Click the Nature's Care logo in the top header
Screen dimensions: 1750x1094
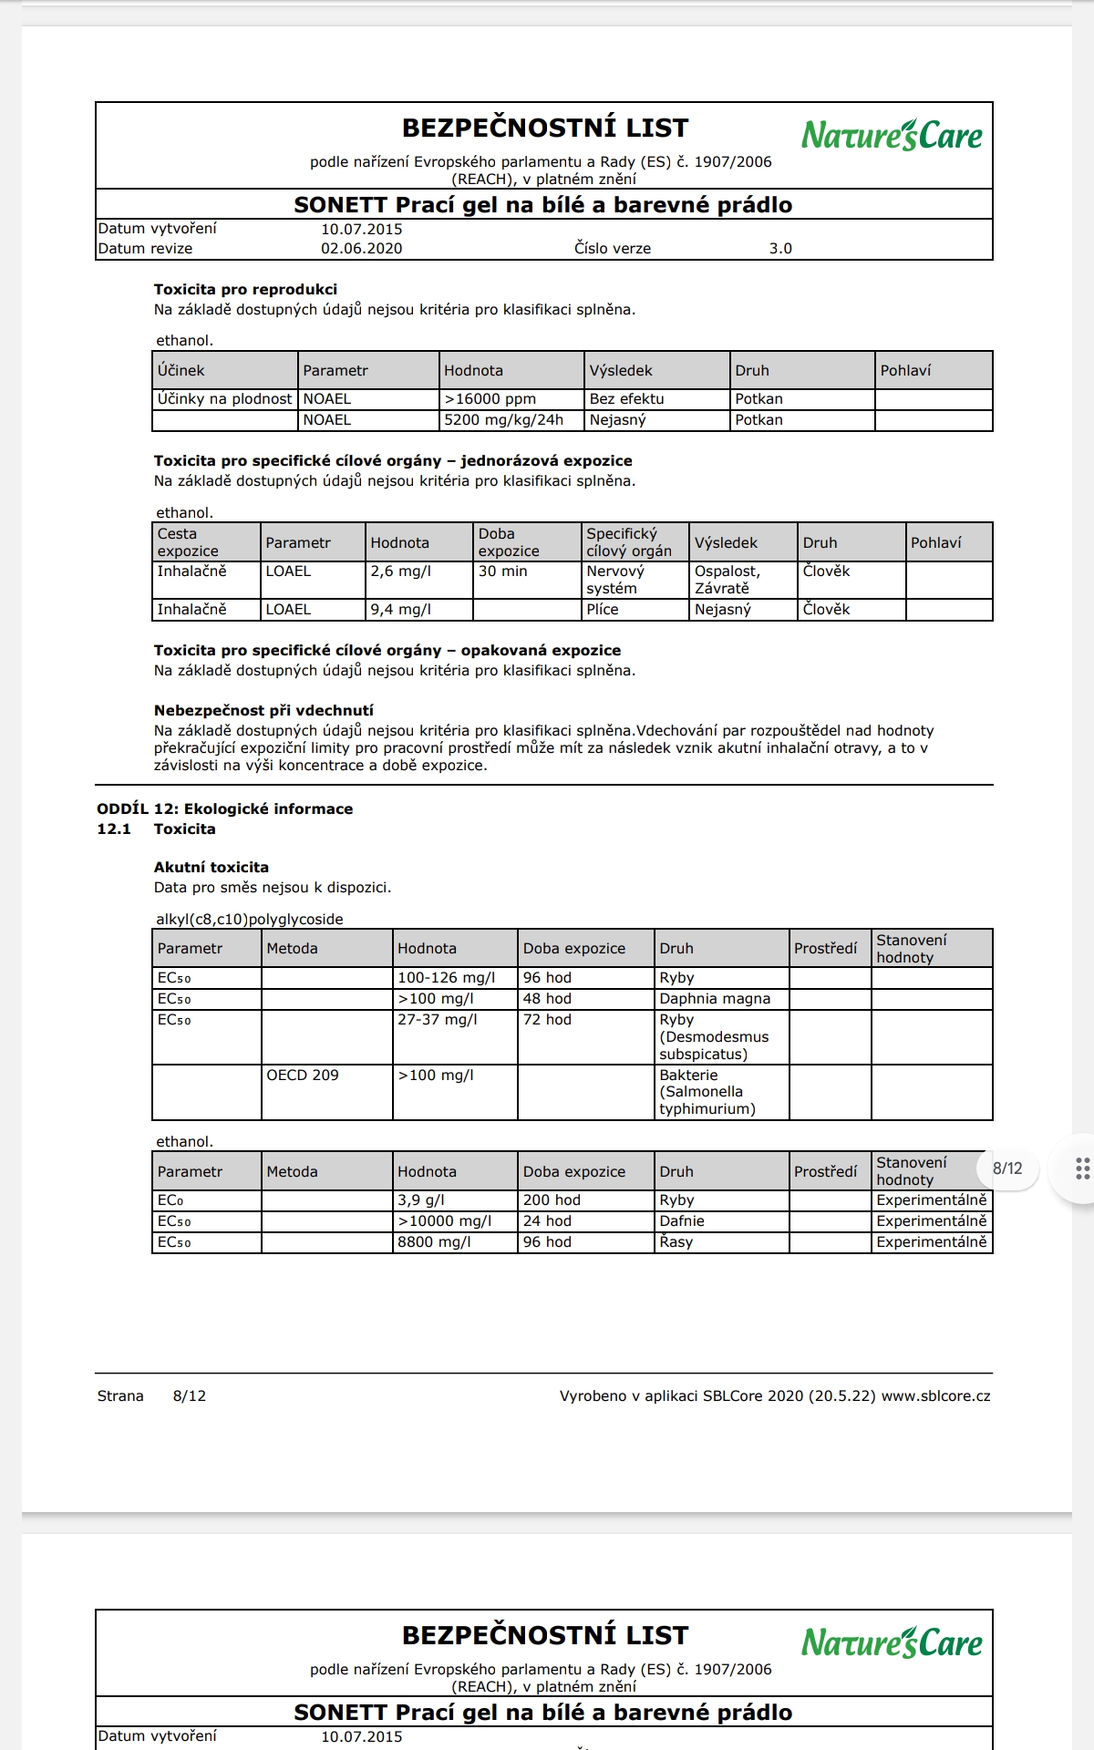[x=892, y=136]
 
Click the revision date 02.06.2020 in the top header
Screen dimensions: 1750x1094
[x=361, y=248]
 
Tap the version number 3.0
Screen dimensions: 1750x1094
[x=780, y=248]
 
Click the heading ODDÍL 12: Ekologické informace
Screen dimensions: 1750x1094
[x=224, y=808]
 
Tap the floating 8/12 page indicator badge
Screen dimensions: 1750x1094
[x=1007, y=1168]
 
